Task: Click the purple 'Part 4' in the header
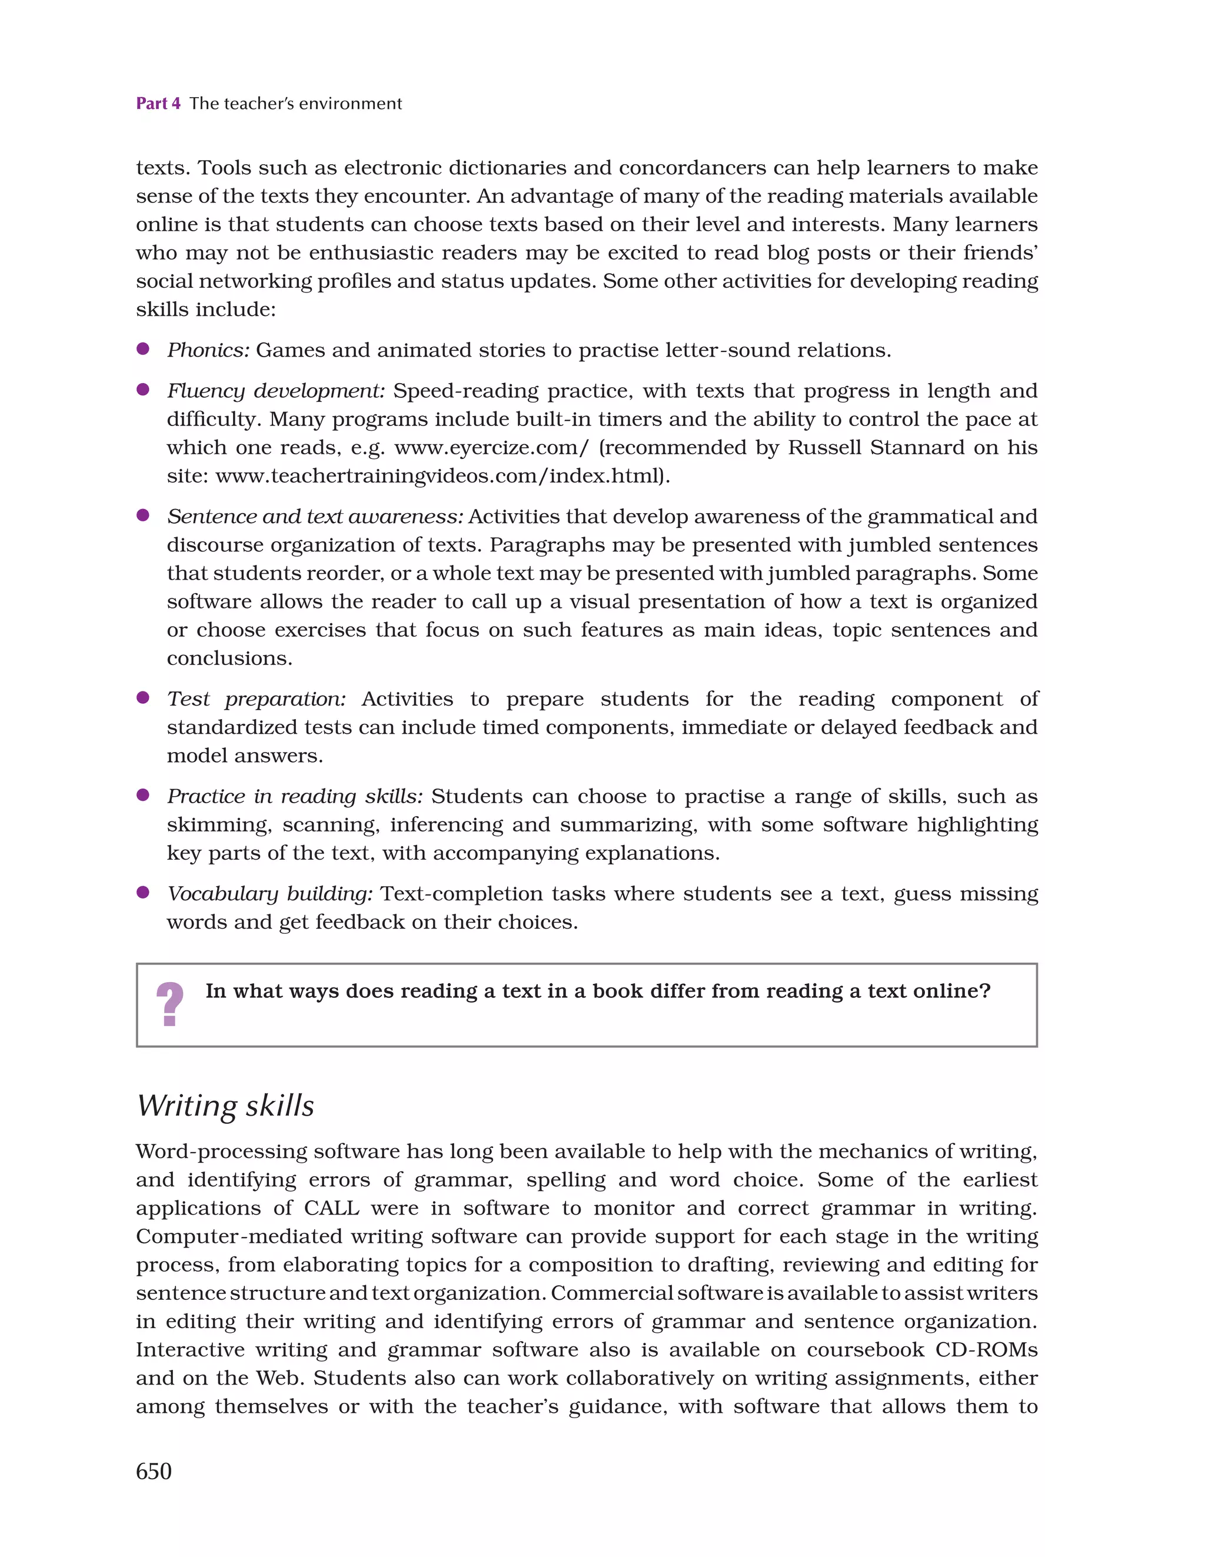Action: tap(158, 104)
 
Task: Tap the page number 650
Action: tap(154, 1472)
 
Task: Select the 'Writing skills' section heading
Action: tap(225, 1106)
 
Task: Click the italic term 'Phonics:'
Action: tap(208, 350)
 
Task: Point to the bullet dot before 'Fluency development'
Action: tap(142, 390)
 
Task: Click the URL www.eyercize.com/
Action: tap(492, 448)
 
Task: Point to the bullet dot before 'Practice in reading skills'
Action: tap(142, 795)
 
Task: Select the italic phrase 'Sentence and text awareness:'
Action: tap(315, 516)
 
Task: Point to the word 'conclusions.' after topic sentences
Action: tap(229, 658)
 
